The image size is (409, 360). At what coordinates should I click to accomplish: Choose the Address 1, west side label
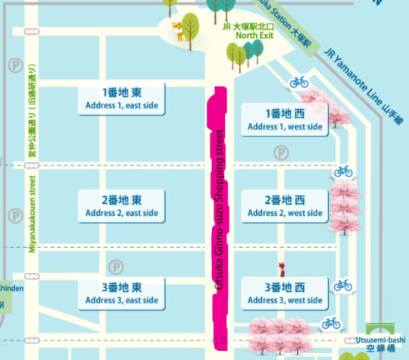(x=284, y=120)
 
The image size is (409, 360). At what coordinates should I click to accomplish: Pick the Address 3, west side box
(x=284, y=293)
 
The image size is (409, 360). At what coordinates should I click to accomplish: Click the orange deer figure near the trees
(x=178, y=31)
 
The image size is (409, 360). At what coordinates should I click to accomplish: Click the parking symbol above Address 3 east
(x=115, y=267)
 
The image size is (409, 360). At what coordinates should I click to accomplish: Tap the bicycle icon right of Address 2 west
(x=344, y=171)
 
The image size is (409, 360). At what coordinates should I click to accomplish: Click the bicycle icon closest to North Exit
(x=299, y=81)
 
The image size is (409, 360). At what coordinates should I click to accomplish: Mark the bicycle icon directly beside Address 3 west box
(x=342, y=285)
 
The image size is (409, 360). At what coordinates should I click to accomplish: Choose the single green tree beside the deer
(x=190, y=29)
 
